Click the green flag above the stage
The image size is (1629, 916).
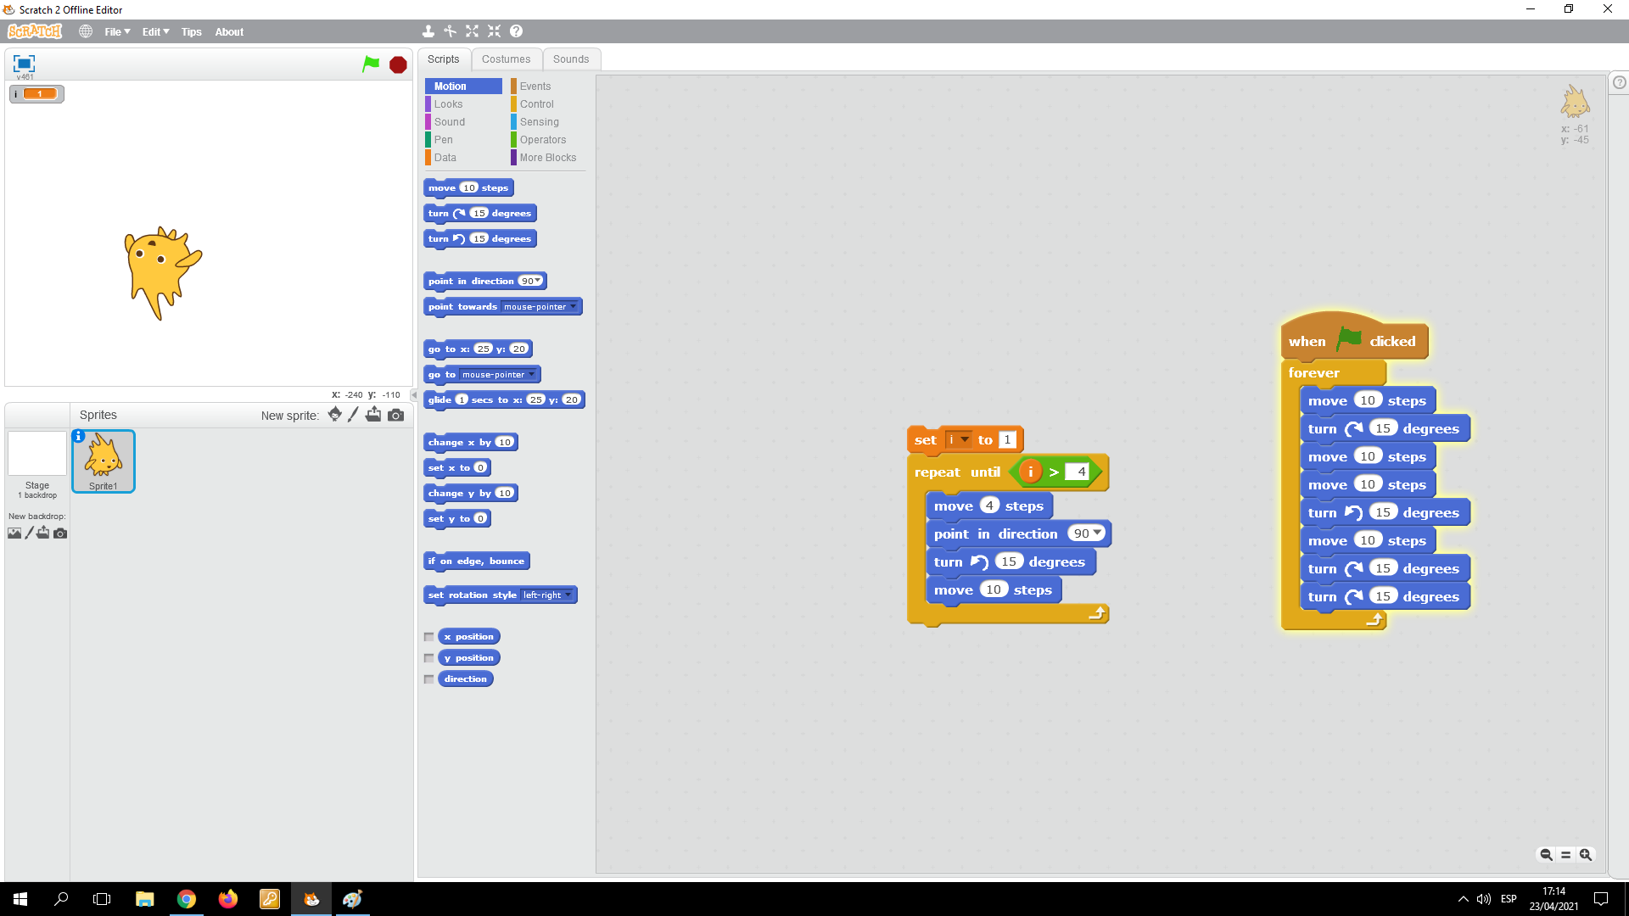click(371, 64)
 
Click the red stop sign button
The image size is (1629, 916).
click(398, 65)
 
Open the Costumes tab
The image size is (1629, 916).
click(506, 59)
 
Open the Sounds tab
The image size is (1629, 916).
click(570, 59)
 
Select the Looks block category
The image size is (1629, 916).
click(448, 104)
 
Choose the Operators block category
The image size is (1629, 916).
click(542, 140)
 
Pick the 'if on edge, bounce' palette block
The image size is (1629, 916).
click(476, 561)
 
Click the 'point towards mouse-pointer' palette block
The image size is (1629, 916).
click(462, 307)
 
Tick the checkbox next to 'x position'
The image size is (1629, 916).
click(429, 637)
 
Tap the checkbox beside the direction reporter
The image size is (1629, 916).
click(429, 679)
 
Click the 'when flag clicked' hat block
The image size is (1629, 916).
click(1307, 342)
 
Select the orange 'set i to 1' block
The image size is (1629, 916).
click(924, 440)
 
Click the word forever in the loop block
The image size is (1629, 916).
click(1313, 373)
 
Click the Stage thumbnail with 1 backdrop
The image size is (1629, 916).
click(37, 463)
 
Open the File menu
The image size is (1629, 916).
click(117, 32)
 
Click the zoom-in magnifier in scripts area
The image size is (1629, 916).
click(1585, 855)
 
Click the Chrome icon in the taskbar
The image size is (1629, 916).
click(187, 899)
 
